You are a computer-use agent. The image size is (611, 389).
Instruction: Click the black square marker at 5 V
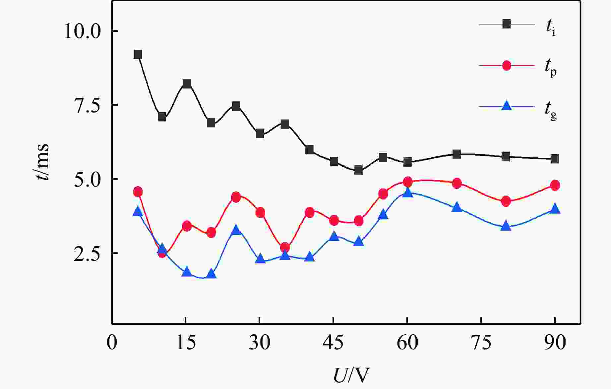(x=138, y=55)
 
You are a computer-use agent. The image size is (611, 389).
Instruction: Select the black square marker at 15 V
(x=187, y=83)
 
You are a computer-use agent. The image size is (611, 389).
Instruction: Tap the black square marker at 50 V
(x=358, y=170)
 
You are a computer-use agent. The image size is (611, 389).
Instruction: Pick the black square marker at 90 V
(x=555, y=159)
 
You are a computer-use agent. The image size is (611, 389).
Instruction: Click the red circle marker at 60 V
(x=408, y=182)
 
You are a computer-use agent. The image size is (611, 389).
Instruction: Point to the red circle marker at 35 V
(x=285, y=247)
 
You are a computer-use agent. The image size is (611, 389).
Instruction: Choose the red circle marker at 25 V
(x=236, y=197)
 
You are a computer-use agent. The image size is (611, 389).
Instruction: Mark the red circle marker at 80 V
(x=506, y=201)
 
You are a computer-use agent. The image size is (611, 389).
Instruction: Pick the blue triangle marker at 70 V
(x=457, y=207)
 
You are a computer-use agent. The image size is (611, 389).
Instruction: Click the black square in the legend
(x=506, y=24)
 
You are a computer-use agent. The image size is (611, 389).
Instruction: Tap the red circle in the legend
(x=506, y=66)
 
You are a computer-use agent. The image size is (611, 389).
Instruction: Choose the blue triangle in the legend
(x=506, y=106)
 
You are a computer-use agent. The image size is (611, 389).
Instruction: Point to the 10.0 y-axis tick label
(x=82, y=32)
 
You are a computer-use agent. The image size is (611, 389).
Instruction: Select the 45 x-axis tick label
(x=334, y=343)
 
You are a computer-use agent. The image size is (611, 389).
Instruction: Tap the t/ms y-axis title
(x=42, y=162)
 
